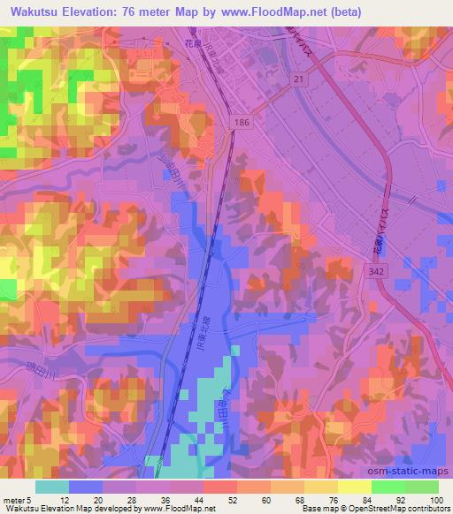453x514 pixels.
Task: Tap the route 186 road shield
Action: point(242,125)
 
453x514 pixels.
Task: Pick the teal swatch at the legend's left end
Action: point(52,487)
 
